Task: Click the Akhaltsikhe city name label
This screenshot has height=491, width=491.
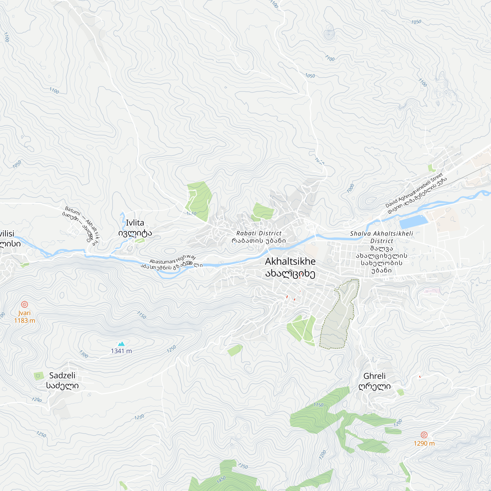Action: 290,267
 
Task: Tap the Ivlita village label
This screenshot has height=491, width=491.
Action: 135,228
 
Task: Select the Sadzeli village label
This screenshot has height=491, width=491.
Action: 62,381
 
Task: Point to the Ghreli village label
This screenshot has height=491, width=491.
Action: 374,381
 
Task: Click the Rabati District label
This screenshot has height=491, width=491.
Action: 259,237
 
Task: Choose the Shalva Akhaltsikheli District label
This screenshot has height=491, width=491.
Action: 382,251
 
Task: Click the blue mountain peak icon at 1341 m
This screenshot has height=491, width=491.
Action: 122,344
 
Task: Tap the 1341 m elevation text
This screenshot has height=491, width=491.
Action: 122,351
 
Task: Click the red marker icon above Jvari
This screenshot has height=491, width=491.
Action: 24,304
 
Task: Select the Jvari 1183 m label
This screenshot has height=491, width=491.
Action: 24,317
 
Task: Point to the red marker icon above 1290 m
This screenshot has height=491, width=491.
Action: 424,435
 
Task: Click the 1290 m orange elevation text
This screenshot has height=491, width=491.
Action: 424,443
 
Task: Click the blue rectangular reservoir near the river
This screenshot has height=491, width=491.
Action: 413,222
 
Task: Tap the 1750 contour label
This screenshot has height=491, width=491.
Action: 318,405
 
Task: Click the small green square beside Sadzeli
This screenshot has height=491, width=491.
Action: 39,376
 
